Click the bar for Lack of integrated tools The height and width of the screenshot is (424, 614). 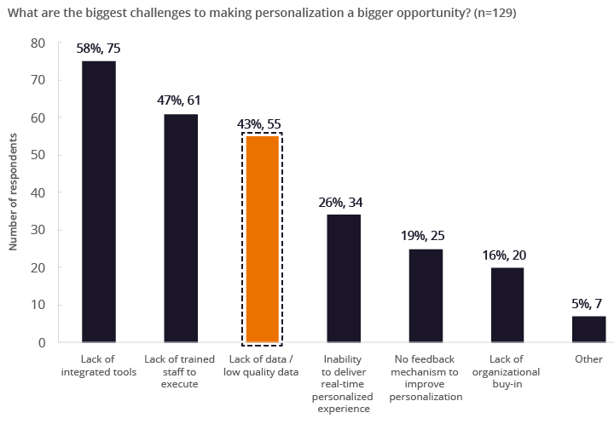[99, 201]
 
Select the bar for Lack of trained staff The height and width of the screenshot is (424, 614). [181, 227]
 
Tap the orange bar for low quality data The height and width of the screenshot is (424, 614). [262, 239]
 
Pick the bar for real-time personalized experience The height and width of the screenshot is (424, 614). [344, 278]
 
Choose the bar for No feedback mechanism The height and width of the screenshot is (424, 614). [426, 295]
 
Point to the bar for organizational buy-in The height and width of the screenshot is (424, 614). [507, 305]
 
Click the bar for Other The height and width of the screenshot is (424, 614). [589, 329]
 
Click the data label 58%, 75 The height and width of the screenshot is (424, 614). [99, 49]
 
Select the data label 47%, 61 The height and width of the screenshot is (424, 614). [181, 100]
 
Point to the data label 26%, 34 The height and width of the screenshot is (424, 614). [344, 202]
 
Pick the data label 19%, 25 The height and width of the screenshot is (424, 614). [426, 236]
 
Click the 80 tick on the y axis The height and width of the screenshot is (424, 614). [39, 43]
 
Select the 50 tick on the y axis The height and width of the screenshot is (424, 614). [39, 155]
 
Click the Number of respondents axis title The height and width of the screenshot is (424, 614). [14, 192]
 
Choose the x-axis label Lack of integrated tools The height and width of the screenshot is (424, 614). [99, 365]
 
